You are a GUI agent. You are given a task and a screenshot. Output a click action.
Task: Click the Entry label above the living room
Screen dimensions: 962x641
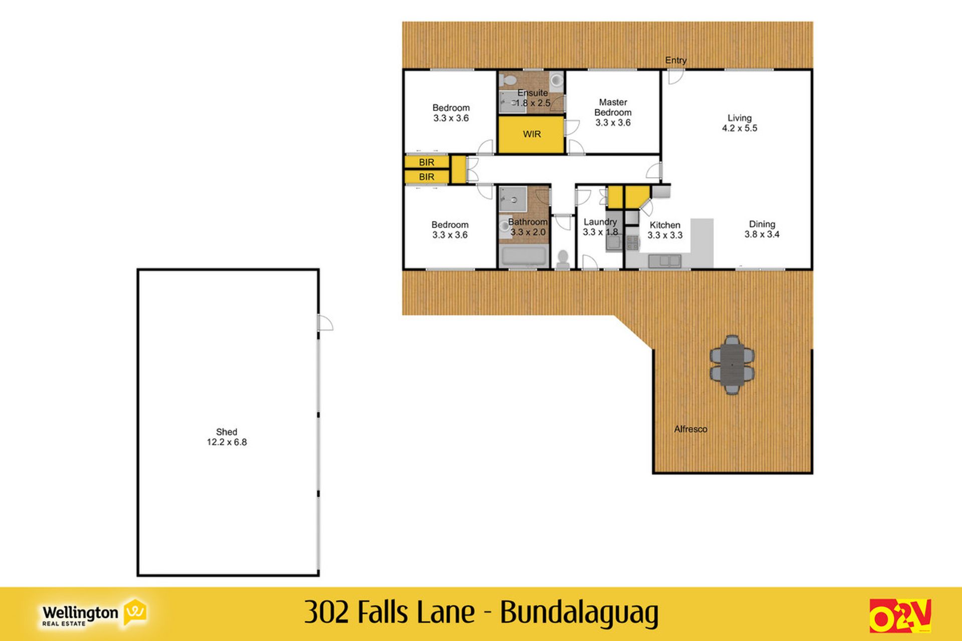pos(675,60)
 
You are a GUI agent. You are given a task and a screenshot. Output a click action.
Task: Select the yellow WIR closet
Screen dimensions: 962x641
pos(531,134)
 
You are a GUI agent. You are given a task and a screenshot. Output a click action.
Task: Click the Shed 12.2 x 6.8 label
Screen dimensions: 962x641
pos(226,437)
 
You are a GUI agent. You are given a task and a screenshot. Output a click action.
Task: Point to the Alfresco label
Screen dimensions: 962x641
pos(690,429)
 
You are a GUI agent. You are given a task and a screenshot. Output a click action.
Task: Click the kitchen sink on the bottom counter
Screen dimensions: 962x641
pos(664,260)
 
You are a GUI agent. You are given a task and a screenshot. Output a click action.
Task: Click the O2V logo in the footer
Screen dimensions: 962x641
pos(900,615)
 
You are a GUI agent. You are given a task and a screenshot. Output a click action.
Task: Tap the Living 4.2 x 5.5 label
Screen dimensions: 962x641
pos(740,123)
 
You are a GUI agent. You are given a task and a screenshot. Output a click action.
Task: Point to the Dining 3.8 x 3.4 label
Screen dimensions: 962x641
pos(762,229)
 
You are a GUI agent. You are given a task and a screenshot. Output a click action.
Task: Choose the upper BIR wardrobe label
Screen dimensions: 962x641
pos(427,162)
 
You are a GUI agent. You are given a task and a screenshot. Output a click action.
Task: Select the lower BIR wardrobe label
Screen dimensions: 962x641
pos(427,177)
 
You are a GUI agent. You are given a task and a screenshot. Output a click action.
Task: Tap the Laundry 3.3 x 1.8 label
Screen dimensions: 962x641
pos(600,227)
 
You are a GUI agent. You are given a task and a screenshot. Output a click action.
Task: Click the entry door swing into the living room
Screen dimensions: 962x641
pos(674,77)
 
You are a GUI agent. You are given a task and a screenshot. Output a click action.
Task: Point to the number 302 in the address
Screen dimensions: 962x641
pos(326,612)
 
